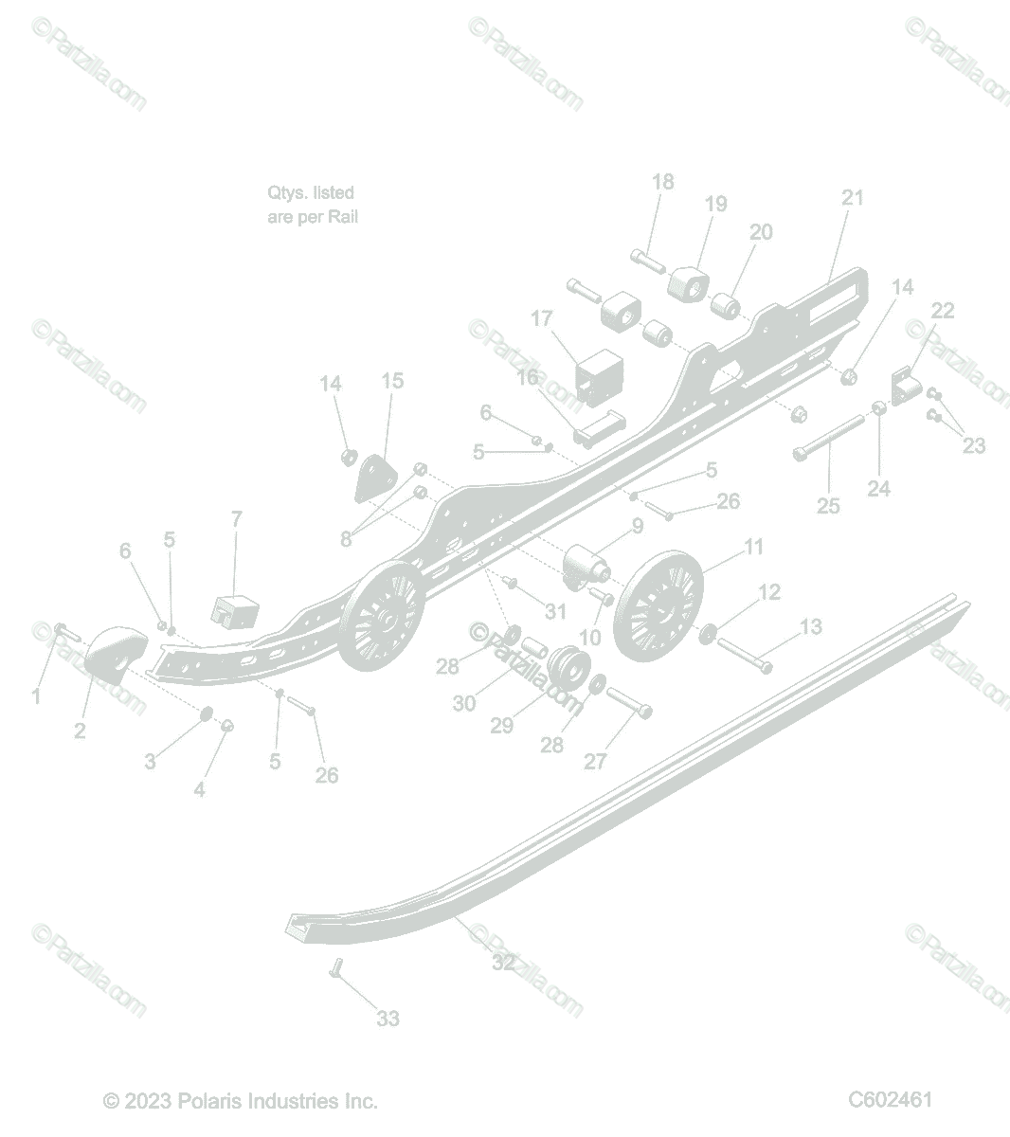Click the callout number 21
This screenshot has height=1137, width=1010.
[853, 197]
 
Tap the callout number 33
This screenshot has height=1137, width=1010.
[388, 1018]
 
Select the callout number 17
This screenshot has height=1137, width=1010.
[541, 318]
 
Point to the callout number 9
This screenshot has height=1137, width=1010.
[638, 526]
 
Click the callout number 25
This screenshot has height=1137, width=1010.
[828, 506]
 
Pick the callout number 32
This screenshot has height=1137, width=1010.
[503, 963]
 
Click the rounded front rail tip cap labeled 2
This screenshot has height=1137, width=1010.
[116, 655]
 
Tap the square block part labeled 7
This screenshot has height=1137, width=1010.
[235, 612]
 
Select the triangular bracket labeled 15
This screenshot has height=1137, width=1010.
[375, 478]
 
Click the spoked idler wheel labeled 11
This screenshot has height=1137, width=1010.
[658, 607]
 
